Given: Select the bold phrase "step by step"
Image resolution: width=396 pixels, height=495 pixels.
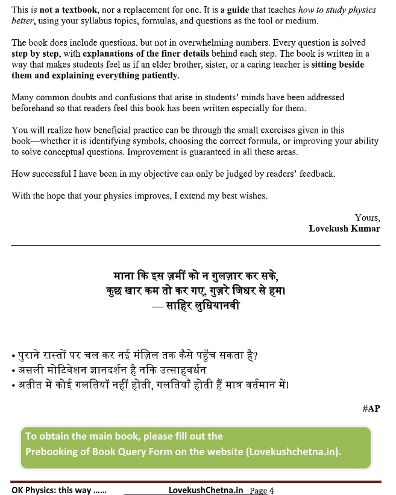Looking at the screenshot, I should pos(35,53).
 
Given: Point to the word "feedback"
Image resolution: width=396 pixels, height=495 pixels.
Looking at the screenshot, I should pos(313,174).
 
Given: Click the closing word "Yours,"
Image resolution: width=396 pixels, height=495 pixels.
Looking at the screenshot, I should pos(367,218).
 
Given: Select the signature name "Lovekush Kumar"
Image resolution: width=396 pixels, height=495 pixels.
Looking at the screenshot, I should pos(344,229).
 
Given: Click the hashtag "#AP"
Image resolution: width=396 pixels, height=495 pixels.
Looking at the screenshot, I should pos(371,409).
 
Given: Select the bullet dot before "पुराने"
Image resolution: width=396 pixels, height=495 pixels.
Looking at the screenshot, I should pos(13,356).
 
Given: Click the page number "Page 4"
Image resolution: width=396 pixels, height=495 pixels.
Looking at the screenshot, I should pos(262,490).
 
